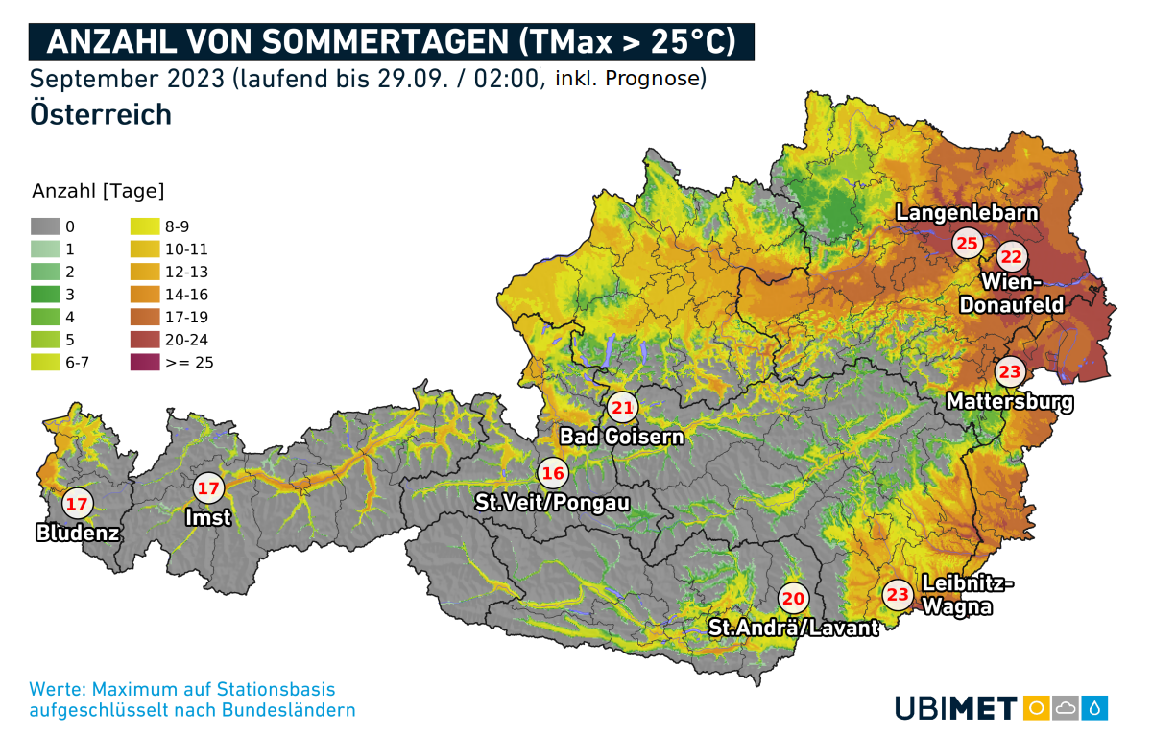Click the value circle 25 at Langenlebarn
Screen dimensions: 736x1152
point(967,243)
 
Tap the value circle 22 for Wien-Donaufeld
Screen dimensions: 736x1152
point(1013,257)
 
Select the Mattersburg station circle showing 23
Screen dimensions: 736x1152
point(1010,372)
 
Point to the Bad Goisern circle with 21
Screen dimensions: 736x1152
point(622,408)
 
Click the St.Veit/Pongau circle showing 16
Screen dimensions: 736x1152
point(552,472)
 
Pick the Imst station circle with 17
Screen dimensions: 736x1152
point(208,488)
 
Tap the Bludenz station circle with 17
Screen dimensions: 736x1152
point(77,503)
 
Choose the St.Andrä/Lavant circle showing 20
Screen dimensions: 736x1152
point(793,599)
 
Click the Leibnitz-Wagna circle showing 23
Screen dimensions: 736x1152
point(898,596)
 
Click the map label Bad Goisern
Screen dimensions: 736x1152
point(622,438)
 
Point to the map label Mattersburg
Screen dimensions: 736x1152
point(1010,402)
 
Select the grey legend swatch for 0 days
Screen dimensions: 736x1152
point(44,226)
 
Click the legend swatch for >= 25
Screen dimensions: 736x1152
point(142,363)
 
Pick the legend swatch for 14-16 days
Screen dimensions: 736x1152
point(142,295)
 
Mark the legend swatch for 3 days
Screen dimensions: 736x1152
point(44,295)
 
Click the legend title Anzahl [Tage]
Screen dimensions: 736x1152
point(98,190)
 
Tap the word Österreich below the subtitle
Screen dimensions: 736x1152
point(101,113)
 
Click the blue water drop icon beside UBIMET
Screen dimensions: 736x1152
point(1095,708)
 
